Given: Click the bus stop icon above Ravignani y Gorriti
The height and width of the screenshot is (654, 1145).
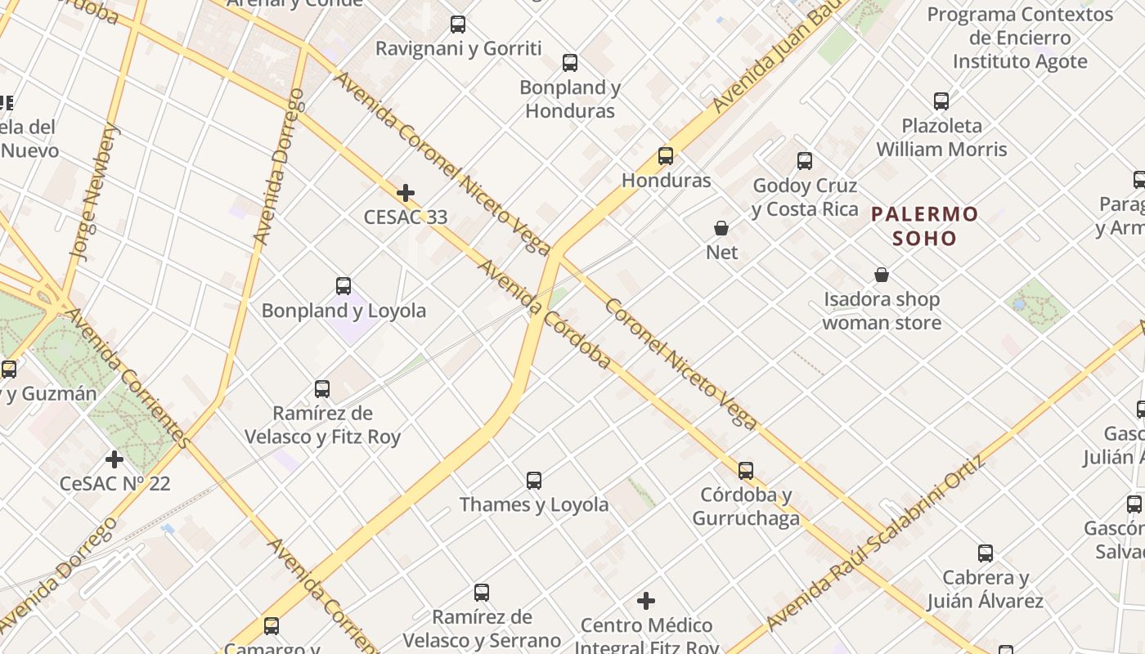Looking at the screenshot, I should (x=458, y=25).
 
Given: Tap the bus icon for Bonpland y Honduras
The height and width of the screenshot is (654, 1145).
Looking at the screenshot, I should (x=570, y=63).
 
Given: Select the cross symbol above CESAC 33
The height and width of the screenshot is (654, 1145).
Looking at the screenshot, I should (x=405, y=193).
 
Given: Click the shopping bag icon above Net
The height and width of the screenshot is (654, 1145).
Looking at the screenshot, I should (x=721, y=228).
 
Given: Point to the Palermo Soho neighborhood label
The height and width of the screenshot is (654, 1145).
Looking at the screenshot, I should (x=924, y=226).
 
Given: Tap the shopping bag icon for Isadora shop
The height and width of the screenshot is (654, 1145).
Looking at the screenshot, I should (x=882, y=275).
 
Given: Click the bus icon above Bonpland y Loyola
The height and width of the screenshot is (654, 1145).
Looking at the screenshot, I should (x=343, y=286).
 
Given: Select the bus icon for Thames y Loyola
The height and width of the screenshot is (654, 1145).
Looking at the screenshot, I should (x=534, y=481).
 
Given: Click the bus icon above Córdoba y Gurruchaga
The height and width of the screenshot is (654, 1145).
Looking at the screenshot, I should (x=746, y=471).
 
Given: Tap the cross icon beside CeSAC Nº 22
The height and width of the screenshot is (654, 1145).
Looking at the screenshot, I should (x=114, y=459).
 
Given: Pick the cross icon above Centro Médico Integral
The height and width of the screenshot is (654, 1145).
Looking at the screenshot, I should (x=646, y=602).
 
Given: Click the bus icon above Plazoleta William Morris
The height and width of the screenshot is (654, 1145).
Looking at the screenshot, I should (x=941, y=101).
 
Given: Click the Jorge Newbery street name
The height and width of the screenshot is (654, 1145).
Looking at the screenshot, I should (x=95, y=193).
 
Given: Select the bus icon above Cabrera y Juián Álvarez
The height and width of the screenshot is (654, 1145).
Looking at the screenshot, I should (x=986, y=553).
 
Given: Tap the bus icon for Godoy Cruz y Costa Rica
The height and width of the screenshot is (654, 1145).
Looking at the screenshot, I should (x=805, y=161).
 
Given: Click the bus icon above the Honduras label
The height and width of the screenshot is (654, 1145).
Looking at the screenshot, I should (x=666, y=156).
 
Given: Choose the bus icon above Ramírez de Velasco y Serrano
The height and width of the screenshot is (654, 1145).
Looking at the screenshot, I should (x=482, y=593).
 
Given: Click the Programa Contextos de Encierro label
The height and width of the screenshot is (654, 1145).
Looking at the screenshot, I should (x=1020, y=38).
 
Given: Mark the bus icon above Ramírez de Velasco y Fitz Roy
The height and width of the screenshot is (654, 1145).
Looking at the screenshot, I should (x=322, y=389).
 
